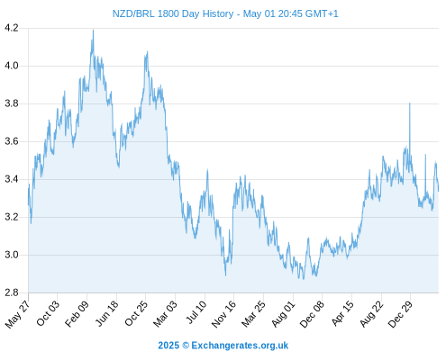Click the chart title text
[225, 13]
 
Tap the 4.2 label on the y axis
[12, 28]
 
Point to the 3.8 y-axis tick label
[12, 103]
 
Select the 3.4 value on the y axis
[12, 179]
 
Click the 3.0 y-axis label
[12, 255]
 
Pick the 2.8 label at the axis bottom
[12, 292]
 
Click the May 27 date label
[18, 314]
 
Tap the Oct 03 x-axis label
[48, 313]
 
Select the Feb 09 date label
[77, 313]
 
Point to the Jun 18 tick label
[107, 313]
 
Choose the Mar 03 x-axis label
[166, 313]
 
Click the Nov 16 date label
[224, 314]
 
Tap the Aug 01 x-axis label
[284, 314]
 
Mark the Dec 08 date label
[313, 314]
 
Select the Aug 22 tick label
[372, 314]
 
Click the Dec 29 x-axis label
[401, 314]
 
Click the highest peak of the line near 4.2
[93, 30]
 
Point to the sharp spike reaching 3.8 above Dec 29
[410, 103]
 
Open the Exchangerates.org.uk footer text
[240, 346]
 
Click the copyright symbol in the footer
[186, 346]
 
